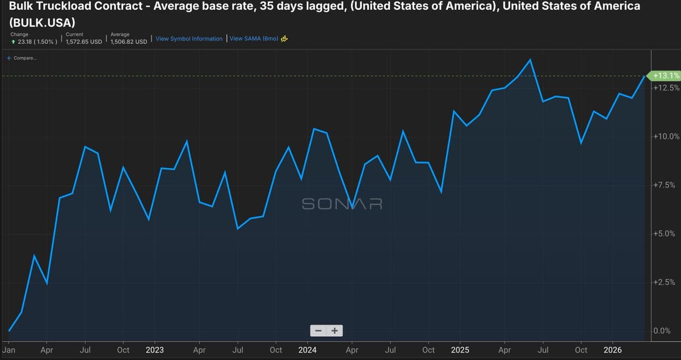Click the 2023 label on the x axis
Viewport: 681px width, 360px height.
click(x=154, y=350)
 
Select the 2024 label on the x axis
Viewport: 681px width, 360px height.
click(x=307, y=350)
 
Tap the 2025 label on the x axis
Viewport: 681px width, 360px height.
click(x=460, y=350)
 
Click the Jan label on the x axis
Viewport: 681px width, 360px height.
click(x=9, y=350)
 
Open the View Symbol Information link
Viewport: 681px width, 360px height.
click(x=189, y=39)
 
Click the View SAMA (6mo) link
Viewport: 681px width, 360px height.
click(x=254, y=39)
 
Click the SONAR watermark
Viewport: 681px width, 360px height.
click(x=342, y=203)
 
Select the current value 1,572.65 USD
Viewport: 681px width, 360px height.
click(x=84, y=41)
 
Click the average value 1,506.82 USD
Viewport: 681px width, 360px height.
click(x=129, y=41)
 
